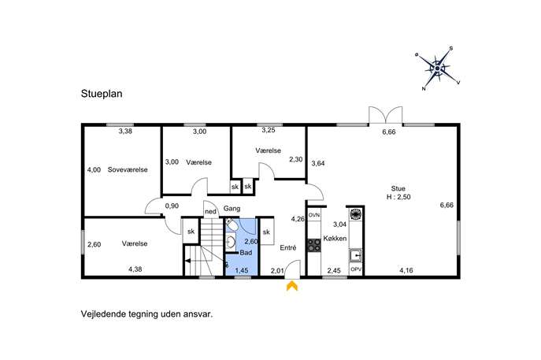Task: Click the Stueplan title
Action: coord(102,94)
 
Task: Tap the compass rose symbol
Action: coord(438,69)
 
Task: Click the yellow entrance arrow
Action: coord(292,286)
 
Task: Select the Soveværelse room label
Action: coord(128,170)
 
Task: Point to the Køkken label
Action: coord(335,239)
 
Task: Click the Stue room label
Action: coord(398,188)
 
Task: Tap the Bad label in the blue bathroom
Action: coord(246,253)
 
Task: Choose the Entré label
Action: coord(288,248)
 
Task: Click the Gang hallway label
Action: coord(232,209)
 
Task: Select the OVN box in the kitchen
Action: coord(314,215)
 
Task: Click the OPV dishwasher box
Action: coord(356,269)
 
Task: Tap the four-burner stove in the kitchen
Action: coord(314,246)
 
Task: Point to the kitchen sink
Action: coord(355,256)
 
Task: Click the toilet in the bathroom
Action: coord(232,225)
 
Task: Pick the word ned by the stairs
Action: coord(210,212)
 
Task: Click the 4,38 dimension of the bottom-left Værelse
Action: coord(135,269)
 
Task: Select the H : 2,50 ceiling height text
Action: coord(398,197)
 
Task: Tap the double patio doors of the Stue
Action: coord(385,115)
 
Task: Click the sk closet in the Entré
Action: coord(266,232)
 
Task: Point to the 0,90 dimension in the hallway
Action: coord(172,206)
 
